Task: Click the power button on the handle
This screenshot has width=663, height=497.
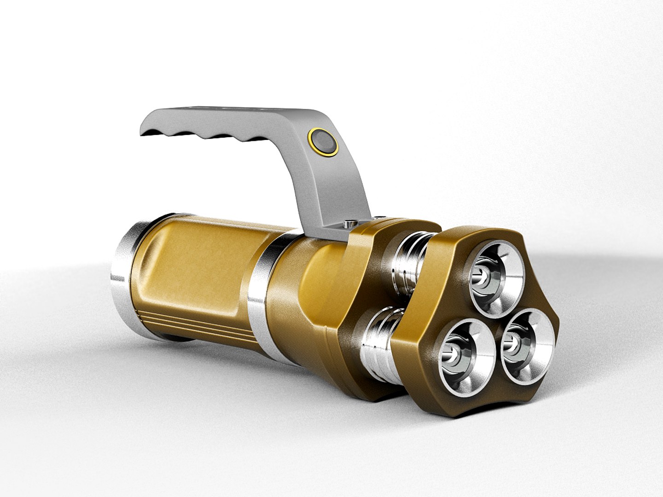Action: point(323,141)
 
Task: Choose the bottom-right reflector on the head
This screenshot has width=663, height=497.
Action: point(525,346)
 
